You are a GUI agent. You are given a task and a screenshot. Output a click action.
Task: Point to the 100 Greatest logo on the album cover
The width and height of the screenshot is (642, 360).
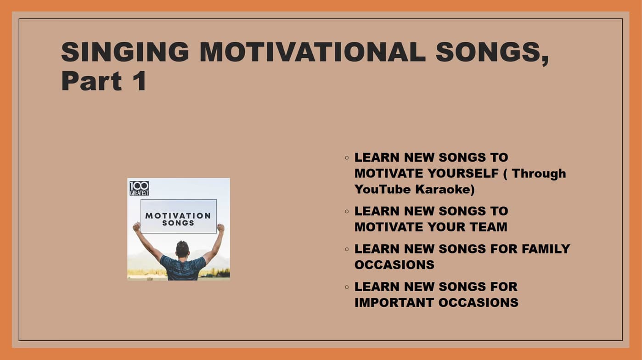[x=139, y=188]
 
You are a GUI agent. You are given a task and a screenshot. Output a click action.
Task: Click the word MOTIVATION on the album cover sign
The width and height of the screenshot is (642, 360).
[x=178, y=215]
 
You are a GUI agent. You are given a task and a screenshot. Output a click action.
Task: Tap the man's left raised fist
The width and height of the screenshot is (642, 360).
[x=136, y=226]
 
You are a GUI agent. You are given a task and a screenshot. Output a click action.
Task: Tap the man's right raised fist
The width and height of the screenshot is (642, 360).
[x=220, y=227]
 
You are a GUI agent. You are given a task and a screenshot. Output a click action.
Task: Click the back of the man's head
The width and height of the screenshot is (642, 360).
[x=182, y=249]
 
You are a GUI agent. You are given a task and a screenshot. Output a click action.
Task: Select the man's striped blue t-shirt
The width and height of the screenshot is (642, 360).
[x=183, y=268]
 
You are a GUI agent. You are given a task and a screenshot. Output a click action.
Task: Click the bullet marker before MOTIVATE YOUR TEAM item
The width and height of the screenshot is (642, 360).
[x=347, y=211]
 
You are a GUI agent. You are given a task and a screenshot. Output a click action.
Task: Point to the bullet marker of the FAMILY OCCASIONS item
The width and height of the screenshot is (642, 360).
[x=347, y=249]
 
